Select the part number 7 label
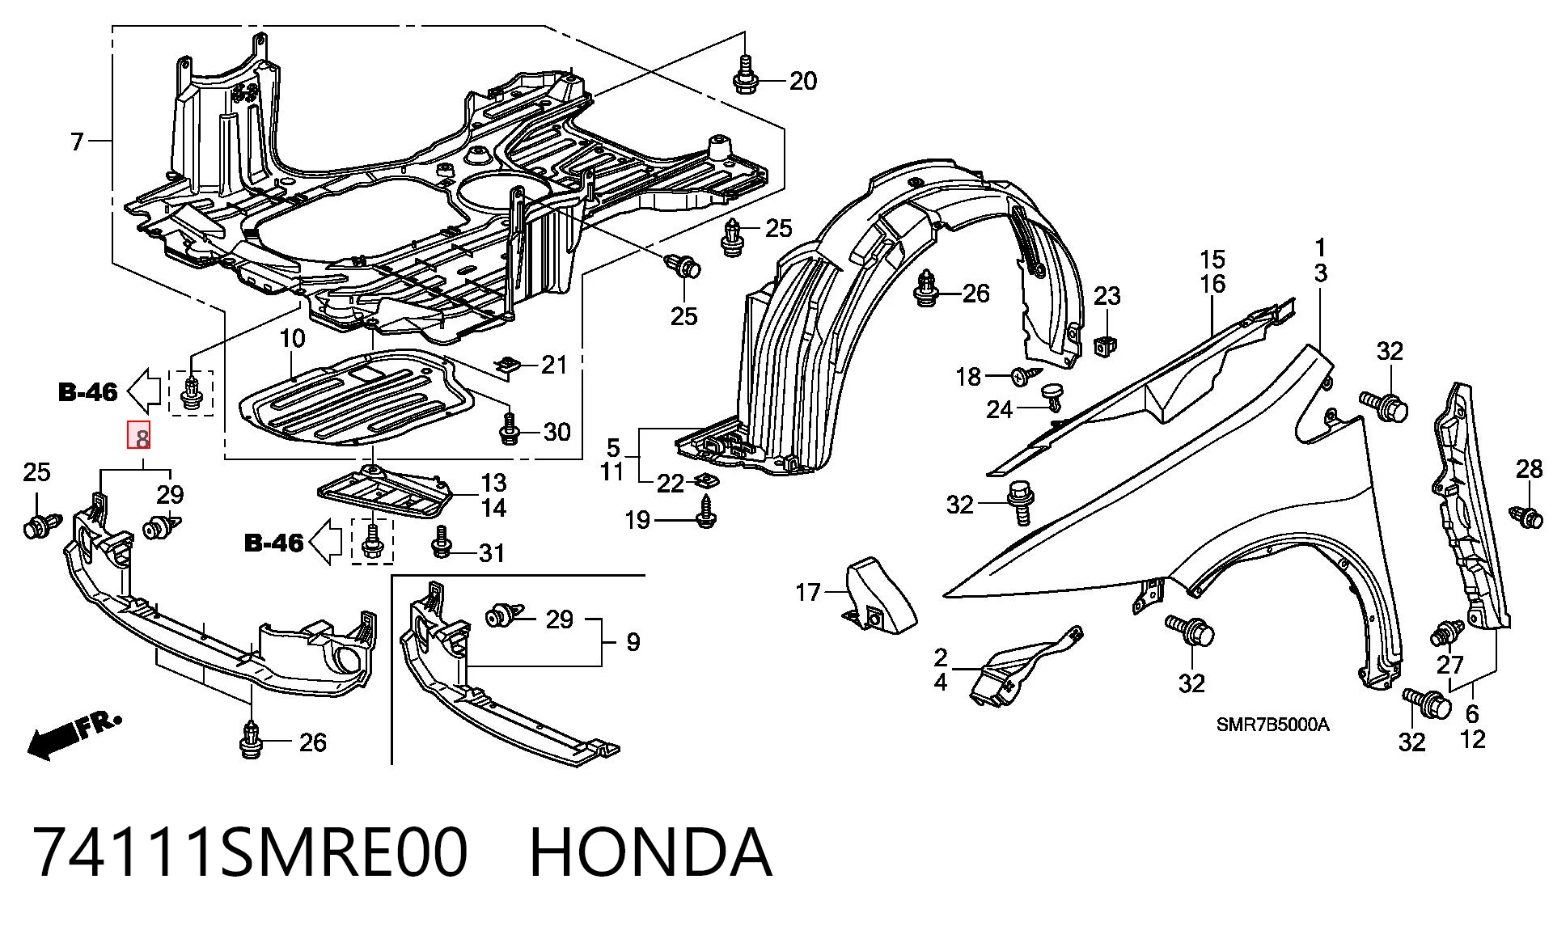[77, 142]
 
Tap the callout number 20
[803, 81]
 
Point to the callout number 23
[1107, 296]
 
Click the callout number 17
[808, 593]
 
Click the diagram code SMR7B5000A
[1272, 725]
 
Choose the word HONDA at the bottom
[650, 853]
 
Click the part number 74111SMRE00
[252, 853]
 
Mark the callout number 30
[557, 432]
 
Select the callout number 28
[1529, 469]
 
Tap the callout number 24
[1000, 410]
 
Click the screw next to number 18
[1026, 374]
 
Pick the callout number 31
[492, 553]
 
